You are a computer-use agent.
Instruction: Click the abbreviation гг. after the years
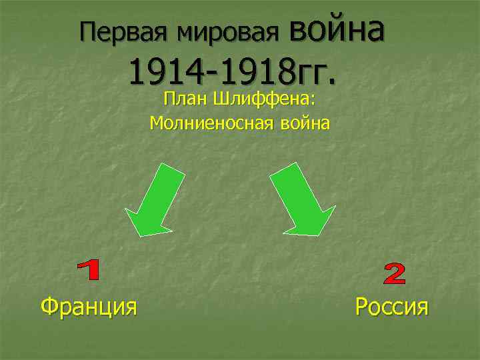pyautogui.click(x=314, y=71)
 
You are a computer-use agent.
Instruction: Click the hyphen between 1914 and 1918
pyautogui.click(x=205, y=72)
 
